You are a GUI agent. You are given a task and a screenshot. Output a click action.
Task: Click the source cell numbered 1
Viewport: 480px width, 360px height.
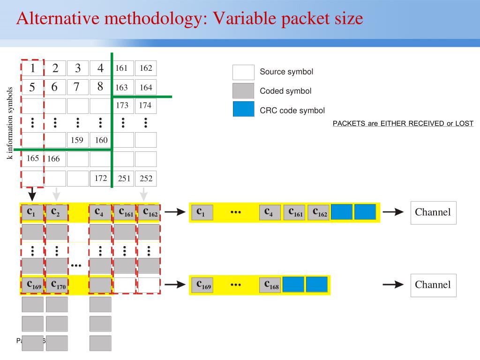pyautogui.click(x=32, y=68)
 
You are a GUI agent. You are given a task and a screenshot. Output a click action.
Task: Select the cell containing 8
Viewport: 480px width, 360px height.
pyautogui.click(x=100, y=87)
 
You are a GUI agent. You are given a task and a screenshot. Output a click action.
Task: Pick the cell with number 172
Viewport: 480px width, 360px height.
pyautogui.click(x=100, y=178)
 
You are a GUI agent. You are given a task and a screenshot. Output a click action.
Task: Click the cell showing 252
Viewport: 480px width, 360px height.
pyautogui.click(x=146, y=178)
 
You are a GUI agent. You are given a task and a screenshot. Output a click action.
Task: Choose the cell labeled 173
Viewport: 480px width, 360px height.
pyautogui.click(x=122, y=105)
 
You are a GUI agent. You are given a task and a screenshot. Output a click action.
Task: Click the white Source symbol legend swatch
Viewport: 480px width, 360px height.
pyautogui.click(x=243, y=72)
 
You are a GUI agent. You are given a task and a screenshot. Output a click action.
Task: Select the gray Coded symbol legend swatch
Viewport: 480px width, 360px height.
pyautogui.click(x=243, y=91)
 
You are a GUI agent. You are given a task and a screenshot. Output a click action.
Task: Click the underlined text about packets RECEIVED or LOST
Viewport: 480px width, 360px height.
pyautogui.click(x=403, y=124)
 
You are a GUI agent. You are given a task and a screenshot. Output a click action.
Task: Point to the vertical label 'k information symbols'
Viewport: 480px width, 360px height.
pyautogui.click(x=10, y=123)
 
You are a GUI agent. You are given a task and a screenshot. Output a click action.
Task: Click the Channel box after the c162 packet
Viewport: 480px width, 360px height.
pyautogui.click(x=433, y=212)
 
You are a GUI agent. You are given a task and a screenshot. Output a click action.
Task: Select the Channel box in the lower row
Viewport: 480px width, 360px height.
pyautogui.click(x=433, y=285)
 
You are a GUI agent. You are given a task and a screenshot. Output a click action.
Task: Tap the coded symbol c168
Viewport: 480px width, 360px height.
pyautogui.click(x=270, y=285)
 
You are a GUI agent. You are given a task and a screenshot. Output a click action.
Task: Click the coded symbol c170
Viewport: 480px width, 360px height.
pyautogui.click(x=57, y=285)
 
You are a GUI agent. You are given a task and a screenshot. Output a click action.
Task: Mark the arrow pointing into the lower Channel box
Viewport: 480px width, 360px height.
pyautogui.click(x=393, y=285)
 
